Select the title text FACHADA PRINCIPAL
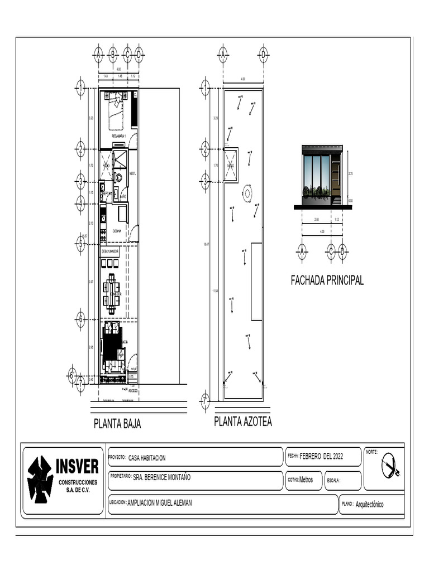point(327,280)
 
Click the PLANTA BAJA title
point(117,424)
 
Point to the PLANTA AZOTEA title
point(243,422)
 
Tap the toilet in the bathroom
point(118,178)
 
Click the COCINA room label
point(117,230)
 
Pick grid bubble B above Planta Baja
point(112,54)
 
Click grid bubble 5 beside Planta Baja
point(80,243)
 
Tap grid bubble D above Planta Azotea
point(263,54)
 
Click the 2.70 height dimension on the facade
point(350,174)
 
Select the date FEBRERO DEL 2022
point(322,456)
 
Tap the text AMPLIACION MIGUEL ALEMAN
point(160,502)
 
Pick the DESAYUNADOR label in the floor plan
point(110,251)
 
